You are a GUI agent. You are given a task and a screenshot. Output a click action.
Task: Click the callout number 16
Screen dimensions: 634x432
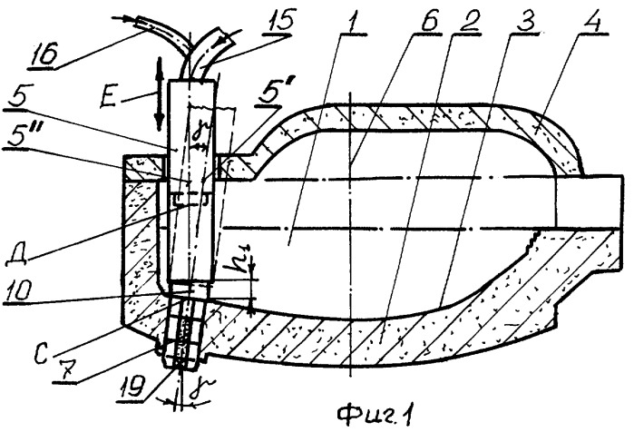pyautogui.click(x=43, y=54)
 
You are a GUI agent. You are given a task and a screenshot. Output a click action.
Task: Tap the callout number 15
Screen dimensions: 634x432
pyautogui.click(x=279, y=19)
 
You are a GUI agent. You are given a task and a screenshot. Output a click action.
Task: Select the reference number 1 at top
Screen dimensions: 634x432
pyautogui.click(x=353, y=22)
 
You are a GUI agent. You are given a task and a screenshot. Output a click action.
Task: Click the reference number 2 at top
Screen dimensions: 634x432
pyautogui.click(x=468, y=22)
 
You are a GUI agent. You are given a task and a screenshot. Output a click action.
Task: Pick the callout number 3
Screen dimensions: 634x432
pyautogui.click(x=526, y=20)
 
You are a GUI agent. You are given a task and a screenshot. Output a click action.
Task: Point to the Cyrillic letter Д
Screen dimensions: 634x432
pyautogui.click(x=17, y=254)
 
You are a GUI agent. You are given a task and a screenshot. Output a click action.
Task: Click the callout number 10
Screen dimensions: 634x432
pyautogui.click(x=16, y=290)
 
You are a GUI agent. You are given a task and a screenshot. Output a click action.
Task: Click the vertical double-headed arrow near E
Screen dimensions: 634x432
pyautogui.click(x=160, y=93)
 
